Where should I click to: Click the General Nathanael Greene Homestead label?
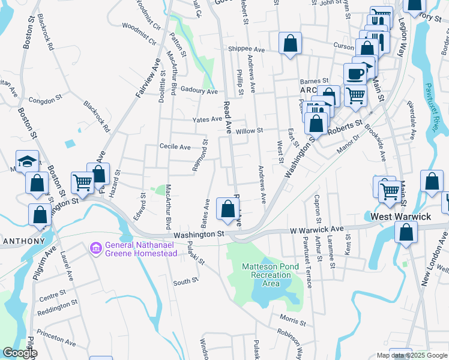pos(141,249)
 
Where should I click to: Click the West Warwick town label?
pos(400,216)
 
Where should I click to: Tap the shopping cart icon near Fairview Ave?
pos(82,181)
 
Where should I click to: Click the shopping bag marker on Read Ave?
pos(228,209)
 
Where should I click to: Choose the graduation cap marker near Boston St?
pos(27,161)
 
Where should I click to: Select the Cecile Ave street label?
pos(175,146)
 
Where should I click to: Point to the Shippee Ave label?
pos(246,49)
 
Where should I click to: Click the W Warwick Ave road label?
pos(316,229)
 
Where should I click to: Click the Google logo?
pos(20,353)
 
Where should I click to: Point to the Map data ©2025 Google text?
pos(411,355)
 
